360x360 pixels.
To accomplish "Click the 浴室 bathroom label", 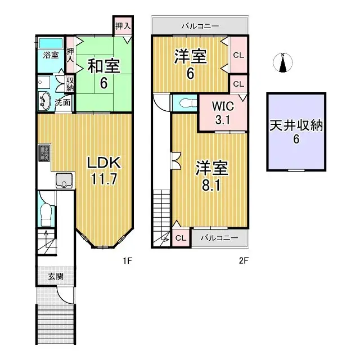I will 51,56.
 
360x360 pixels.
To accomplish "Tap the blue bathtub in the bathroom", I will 51,43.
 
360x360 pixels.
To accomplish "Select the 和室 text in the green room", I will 103,66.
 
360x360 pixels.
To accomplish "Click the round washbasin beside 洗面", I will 45,101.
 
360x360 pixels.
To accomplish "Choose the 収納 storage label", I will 70,84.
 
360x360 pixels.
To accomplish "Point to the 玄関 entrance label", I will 55,276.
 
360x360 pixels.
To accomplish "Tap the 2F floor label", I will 243,260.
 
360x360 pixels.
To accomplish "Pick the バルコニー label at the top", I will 200,26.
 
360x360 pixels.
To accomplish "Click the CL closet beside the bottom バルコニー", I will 181,238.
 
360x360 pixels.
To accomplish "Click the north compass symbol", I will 284,63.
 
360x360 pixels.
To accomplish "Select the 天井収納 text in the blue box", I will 295,125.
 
